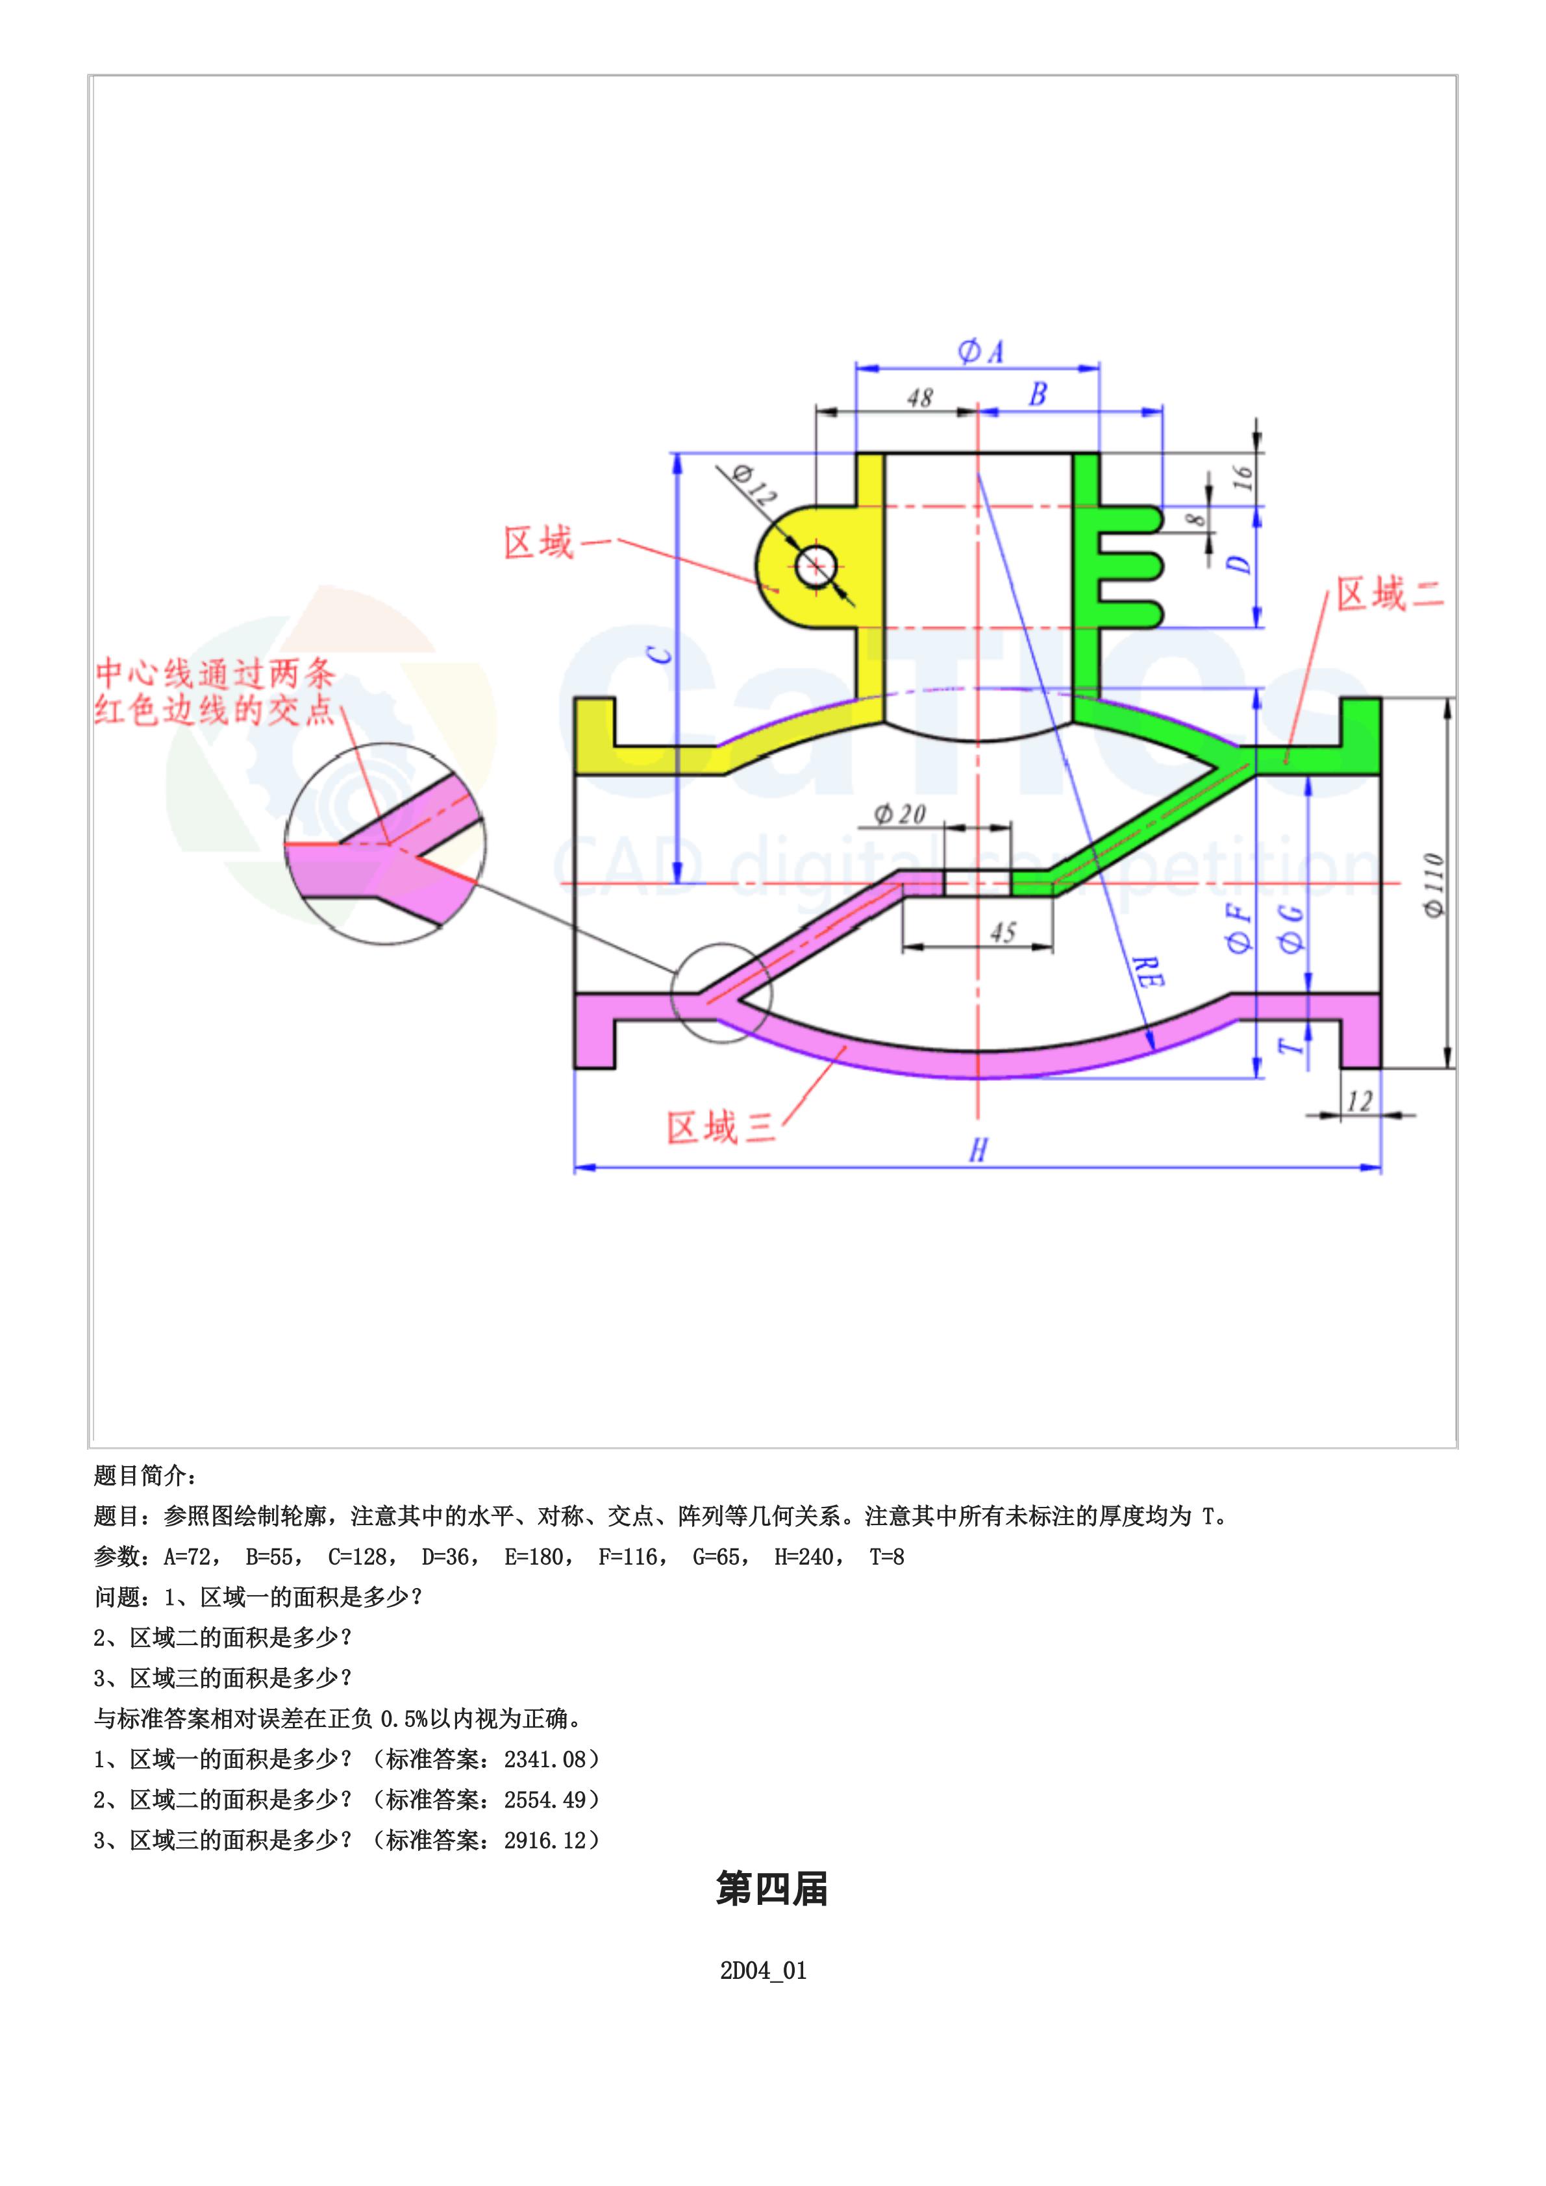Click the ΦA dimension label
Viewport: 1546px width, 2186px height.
980,353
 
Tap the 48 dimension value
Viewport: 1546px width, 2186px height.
919,398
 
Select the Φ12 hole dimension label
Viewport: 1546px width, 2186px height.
756,484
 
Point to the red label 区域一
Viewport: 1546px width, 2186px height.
539,543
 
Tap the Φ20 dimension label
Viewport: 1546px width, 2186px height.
899,814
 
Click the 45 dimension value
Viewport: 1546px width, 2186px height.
1003,932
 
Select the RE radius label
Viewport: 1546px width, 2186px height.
1148,971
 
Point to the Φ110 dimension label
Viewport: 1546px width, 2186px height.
1434,886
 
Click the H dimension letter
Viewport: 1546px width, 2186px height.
978,1151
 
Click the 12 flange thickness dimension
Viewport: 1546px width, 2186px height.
1360,1102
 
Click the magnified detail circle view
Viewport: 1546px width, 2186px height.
386,843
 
